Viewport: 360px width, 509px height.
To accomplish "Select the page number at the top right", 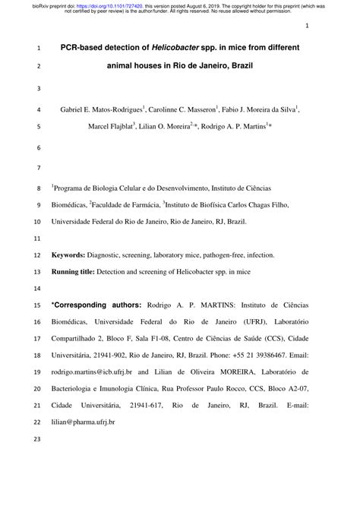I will pyautogui.click(x=307, y=26).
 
